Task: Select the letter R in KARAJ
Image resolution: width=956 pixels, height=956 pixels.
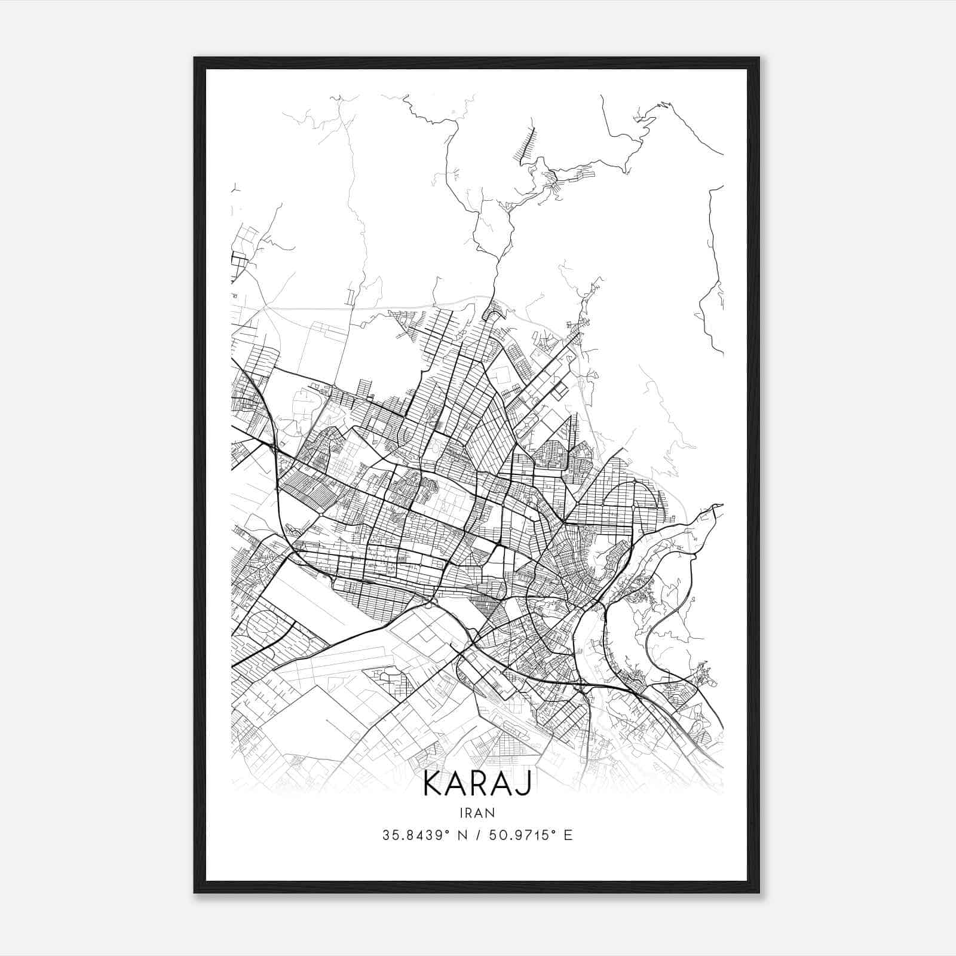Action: tap(480, 784)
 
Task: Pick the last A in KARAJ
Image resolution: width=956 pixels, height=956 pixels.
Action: tap(504, 784)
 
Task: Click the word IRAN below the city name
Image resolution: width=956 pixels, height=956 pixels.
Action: tap(477, 813)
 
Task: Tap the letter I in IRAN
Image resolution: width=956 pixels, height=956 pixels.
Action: tap(461, 813)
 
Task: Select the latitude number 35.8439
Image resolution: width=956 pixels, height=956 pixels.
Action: tap(408, 835)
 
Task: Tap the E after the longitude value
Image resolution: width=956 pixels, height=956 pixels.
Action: tap(568, 835)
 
